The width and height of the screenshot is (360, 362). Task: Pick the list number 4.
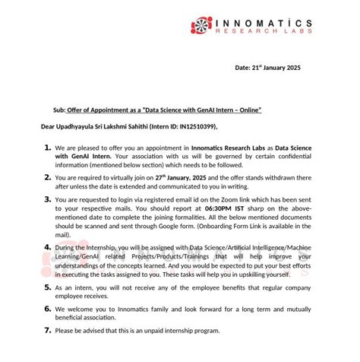coord(47,248)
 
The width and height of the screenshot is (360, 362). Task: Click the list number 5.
coord(47,288)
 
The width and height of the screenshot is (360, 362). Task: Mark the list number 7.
coord(47,332)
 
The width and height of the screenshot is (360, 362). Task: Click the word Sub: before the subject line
coord(58,110)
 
